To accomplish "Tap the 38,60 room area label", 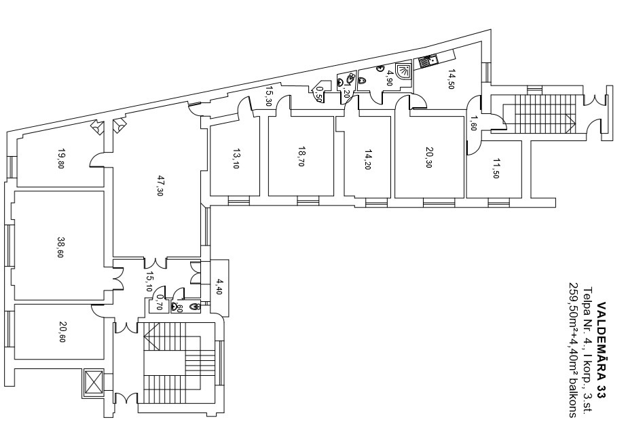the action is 60,248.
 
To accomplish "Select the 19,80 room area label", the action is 60,159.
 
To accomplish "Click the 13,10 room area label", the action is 235,159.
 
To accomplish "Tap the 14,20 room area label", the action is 368,159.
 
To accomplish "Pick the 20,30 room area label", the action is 428,157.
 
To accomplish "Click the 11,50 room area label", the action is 496,168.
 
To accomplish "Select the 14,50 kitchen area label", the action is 451,79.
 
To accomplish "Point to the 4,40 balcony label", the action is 219,286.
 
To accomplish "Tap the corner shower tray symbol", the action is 403,71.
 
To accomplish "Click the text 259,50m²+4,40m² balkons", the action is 573,350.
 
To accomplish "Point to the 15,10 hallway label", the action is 149,282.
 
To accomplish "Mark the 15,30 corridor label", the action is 269,96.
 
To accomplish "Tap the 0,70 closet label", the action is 160,303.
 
